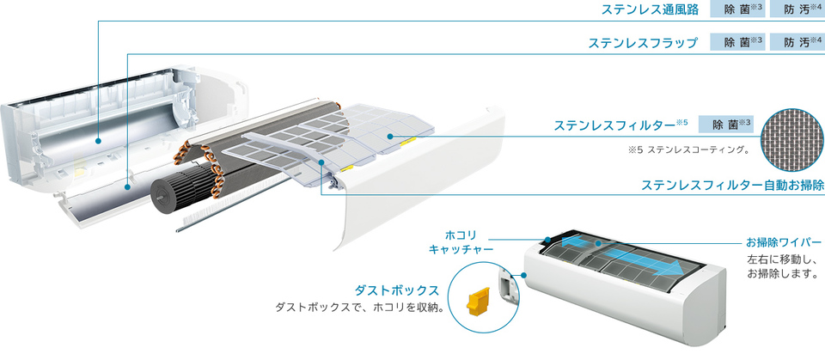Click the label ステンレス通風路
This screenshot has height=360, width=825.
(x=650, y=10)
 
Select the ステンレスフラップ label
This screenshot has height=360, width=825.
(x=642, y=42)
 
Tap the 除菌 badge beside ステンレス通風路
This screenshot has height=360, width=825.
(x=737, y=10)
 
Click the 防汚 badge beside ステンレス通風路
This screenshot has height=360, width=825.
(x=797, y=10)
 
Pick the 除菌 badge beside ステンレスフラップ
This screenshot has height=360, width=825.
(x=737, y=42)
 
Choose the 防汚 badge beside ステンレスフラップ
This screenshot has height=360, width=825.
(x=797, y=42)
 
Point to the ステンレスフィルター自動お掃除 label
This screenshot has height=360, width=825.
(x=732, y=185)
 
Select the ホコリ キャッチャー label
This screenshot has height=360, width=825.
(x=461, y=241)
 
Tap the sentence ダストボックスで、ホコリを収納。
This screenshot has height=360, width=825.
(x=358, y=307)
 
